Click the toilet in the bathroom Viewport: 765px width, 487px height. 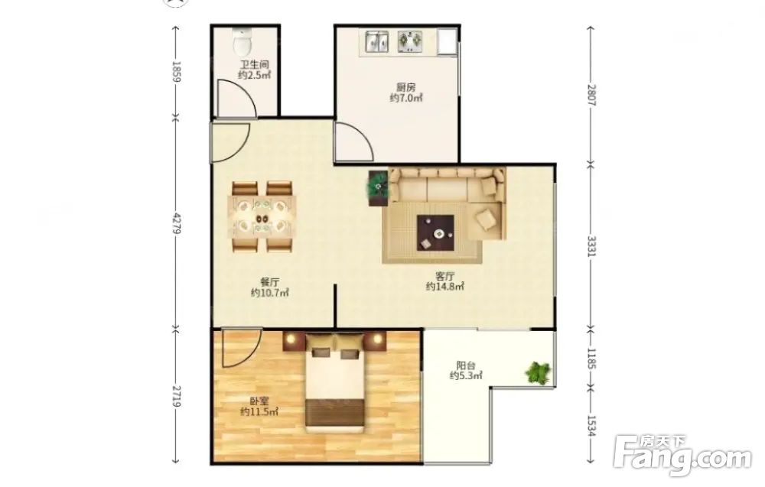click(x=243, y=42)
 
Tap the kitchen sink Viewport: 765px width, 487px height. click(x=376, y=42)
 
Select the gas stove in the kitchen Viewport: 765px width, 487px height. click(x=410, y=41)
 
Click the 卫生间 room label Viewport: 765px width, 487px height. click(x=254, y=64)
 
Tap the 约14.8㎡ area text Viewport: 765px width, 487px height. click(x=444, y=286)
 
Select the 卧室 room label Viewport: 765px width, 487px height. click(x=259, y=401)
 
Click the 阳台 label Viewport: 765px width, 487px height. click(x=466, y=365)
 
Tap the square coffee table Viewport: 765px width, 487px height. click(x=436, y=233)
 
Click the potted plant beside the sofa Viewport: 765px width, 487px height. click(x=378, y=186)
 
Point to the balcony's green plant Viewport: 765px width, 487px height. click(x=538, y=373)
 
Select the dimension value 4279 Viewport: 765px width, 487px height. click(x=177, y=222)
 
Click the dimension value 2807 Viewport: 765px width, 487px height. click(x=591, y=96)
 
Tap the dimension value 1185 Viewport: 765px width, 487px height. click(x=591, y=358)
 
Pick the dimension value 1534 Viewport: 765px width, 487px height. click(x=591, y=426)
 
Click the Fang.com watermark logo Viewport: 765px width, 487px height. click(x=683, y=456)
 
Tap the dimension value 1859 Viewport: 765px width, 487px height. click(x=177, y=71)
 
